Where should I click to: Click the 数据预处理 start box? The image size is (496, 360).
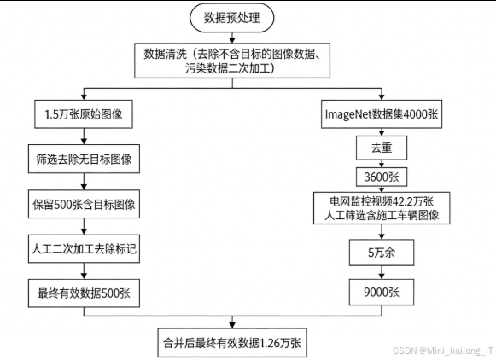(232, 17)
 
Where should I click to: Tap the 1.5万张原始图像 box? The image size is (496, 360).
(83, 113)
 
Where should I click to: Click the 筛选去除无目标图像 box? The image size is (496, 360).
(83, 159)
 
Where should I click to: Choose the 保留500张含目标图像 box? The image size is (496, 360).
(83, 205)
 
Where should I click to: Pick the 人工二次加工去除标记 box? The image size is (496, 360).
(83, 250)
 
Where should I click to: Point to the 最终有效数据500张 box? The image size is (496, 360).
(83, 294)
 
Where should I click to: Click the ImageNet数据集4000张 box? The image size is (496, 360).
(381, 113)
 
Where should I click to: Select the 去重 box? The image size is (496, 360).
(381, 148)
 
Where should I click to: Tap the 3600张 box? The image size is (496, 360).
(381, 177)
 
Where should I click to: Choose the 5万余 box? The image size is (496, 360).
(381, 253)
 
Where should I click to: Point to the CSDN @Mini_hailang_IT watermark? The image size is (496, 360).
(444, 350)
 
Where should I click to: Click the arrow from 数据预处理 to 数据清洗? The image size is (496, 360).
(232, 35)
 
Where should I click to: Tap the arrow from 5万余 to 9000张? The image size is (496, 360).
(381, 273)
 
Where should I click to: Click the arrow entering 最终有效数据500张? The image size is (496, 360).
(83, 272)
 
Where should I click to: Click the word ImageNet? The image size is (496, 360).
(347, 113)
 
